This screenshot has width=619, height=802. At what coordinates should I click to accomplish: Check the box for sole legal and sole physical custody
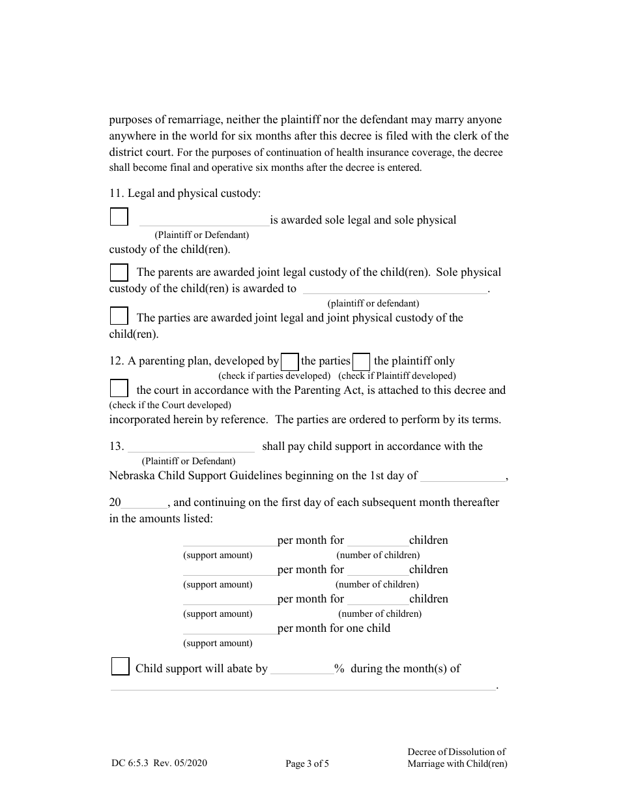(119, 216)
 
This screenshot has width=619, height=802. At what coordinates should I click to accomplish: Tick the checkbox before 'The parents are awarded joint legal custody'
(119, 272)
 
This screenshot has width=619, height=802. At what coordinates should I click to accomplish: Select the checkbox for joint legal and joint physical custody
(119, 316)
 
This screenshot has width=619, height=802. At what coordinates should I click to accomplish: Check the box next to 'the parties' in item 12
(290, 361)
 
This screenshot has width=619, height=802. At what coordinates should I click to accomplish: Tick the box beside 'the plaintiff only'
(361, 361)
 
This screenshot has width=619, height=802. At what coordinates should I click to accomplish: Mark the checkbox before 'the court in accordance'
(119, 389)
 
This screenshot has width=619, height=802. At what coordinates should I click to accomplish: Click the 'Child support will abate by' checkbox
(120, 666)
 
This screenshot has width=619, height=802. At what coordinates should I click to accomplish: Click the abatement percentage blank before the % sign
(302, 670)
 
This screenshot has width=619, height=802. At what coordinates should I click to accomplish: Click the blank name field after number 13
(191, 447)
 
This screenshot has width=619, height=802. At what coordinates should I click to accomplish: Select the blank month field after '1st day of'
(462, 477)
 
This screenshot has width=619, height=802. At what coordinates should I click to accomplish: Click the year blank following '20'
(145, 503)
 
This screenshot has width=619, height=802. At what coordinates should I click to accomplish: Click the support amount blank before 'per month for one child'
(229, 629)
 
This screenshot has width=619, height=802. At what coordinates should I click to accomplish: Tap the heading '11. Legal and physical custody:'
(184, 193)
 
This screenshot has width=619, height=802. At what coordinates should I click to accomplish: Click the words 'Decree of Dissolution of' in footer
(456, 752)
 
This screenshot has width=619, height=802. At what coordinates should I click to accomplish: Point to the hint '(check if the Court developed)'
(170, 405)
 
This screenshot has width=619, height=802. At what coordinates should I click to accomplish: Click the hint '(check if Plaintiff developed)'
(397, 376)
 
